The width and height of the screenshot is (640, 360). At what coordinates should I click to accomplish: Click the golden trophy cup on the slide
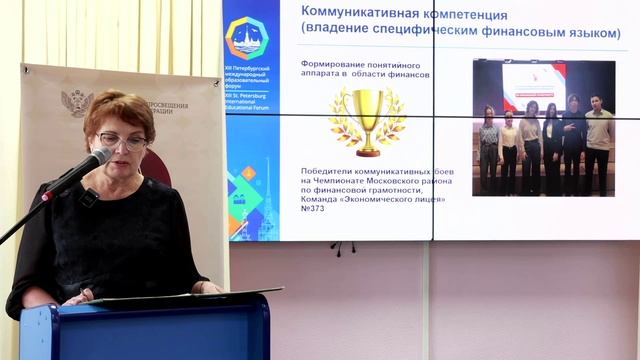pyautogui.click(x=368, y=119)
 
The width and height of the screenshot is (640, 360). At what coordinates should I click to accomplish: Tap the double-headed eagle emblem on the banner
pyautogui.click(x=78, y=104)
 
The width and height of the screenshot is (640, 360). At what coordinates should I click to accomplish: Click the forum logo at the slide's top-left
pyautogui.click(x=246, y=37)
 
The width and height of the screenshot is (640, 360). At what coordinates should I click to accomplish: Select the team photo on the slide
pyautogui.click(x=543, y=127)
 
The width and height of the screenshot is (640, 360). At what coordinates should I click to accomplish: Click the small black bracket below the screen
pyautogui.click(x=343, y=247)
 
